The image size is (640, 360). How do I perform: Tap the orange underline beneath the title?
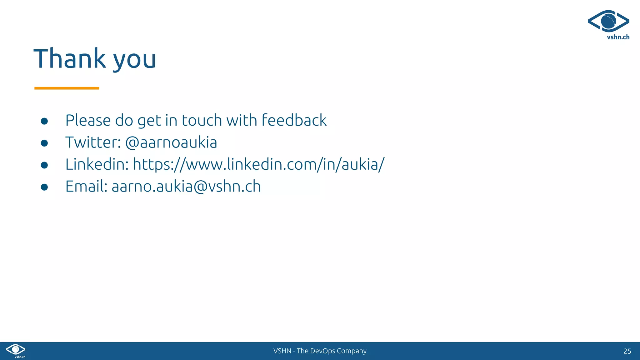[67, 88]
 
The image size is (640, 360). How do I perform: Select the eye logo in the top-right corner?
[608, 21]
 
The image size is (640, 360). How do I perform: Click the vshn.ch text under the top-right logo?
[618, 37]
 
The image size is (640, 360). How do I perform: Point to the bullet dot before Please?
[44, 121]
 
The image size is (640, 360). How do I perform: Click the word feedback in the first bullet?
[294, 120]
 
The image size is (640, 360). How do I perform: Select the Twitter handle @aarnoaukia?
[171, 142]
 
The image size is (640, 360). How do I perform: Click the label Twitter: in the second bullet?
[93, 142]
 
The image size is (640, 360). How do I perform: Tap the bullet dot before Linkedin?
[44, 165]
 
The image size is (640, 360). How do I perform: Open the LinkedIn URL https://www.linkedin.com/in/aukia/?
[258, 165]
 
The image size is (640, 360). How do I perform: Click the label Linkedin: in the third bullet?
[97, 165]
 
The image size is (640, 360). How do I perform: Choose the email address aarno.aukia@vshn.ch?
[186, 187]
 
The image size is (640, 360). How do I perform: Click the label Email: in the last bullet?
[86, 187]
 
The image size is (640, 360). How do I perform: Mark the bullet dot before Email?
[44, 187]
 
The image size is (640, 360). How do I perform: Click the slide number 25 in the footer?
[627, 351]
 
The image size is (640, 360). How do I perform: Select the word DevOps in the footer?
[322, 351]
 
